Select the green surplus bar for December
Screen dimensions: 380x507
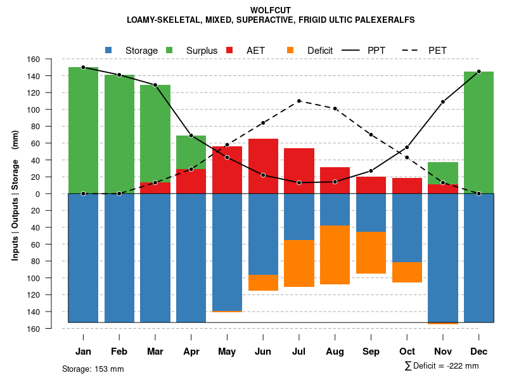pyautogui.click(x=478, y=132)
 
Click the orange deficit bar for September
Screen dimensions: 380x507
pyautogui.click(x=371, y=253)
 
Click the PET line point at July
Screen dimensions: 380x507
pyautogui.click(x=299, y=101)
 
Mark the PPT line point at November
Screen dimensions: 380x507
pyautogui.click(x=443, y=101)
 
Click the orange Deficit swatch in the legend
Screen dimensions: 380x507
pyautogui.click(x=290, y=50)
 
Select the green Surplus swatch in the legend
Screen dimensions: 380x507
pyautogui.click(x=169, y=50)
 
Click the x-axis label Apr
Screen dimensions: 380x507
pyautogui.click(x=191, y=351)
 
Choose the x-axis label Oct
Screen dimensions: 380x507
pyautogui.click(x=407, y=351)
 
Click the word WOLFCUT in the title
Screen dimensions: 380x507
pyautogui.click(x=271, y=10)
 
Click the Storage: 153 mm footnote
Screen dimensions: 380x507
pyautogui.click(x=93, y=369)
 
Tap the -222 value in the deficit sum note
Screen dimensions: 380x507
pyautogui.click(x=455, y=366)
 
